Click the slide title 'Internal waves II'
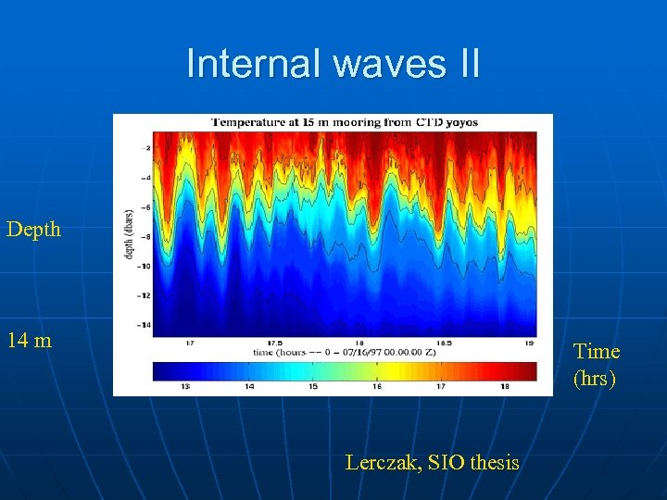point(333,64)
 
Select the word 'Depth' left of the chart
point(33,229)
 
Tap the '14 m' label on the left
point(29,340)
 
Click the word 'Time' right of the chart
point(597,351)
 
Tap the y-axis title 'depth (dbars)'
point(129,234)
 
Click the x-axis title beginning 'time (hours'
point(344,353)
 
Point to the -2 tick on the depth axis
point(145,148)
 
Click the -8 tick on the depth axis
point(145,236)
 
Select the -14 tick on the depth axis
point(145,325)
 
